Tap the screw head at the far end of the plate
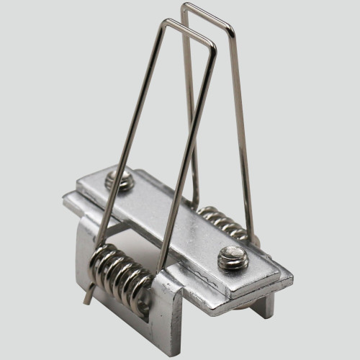[x=120, y=180]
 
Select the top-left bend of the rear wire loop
[x=184, y=6]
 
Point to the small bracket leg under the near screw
[x=264, y=302]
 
